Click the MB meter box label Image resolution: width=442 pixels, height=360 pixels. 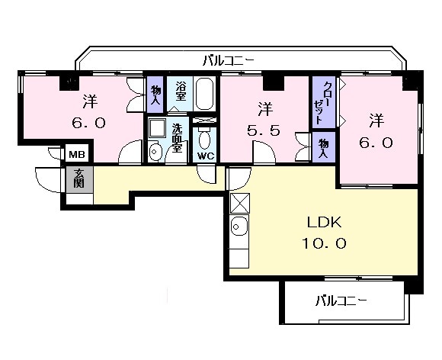[x=77, y=154]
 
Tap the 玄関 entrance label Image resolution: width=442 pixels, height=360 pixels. [x=79, y=178]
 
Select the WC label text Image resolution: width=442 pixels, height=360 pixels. [x=205, y=156]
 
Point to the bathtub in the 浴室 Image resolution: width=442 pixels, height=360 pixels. [x=204, y=94]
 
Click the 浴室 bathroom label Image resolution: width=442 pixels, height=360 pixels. [x=181, y=91]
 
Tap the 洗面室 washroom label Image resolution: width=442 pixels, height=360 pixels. [x=177, y=139]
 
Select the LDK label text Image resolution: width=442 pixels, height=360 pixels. [x=324, y=222]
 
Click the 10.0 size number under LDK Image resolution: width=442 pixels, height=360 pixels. [x=324, y=243]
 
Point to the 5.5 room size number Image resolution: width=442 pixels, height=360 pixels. [x=264, y=130]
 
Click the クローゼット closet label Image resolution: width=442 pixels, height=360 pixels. [x=322, y=104]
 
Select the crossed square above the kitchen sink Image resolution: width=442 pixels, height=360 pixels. [x=240, y=203]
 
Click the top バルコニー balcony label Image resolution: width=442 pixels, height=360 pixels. [x=229, y=61]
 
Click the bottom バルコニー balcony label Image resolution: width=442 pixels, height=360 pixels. [x=341, y=301]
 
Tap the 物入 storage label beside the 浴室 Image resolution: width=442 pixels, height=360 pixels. [x=155, y=95]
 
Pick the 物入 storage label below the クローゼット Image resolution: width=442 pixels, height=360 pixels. [x=324, y=148]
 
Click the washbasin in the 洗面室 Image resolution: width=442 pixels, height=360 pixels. [x=155, y=151]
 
